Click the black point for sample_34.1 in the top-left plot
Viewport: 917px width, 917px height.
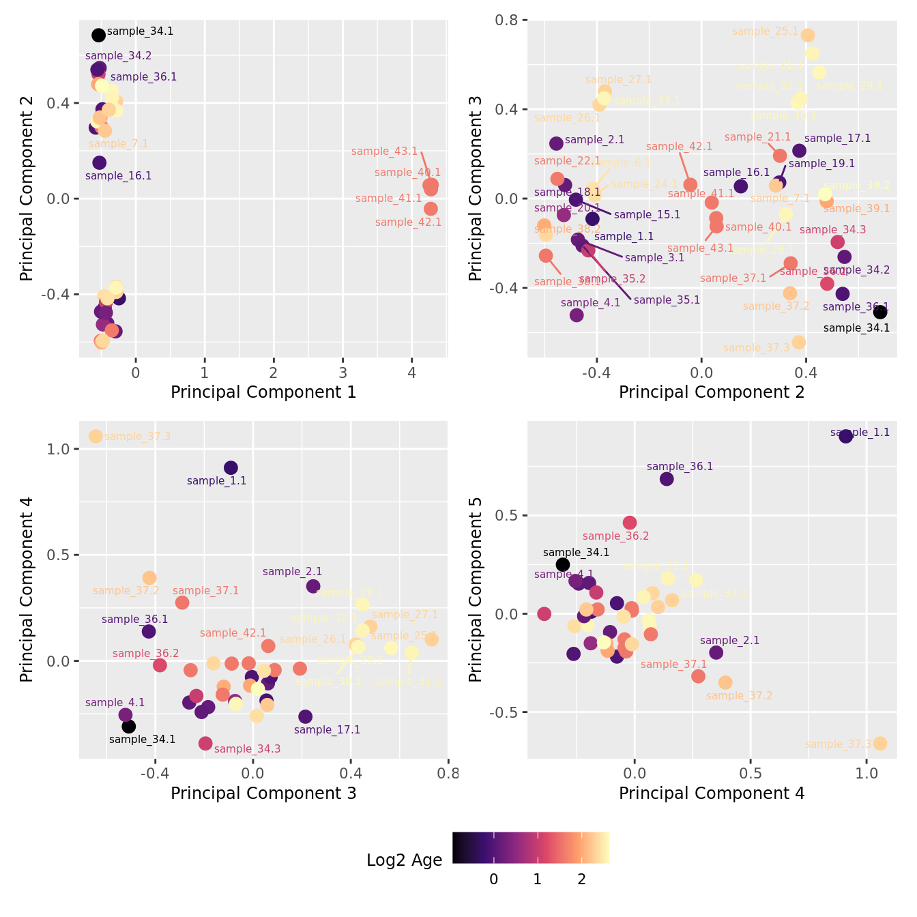click(98, 35)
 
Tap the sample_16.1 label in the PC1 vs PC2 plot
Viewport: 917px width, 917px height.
click(118, 176)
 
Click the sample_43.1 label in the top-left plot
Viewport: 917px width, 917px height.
click(384, 151)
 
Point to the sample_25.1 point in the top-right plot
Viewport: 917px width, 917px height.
click(808, 35)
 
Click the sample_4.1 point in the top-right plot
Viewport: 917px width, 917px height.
click(577, 315)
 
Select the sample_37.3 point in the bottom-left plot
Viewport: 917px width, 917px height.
click(96, 436)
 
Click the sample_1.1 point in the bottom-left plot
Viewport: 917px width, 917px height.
click(231, 467)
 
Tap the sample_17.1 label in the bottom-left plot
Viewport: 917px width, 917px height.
click(327, 730)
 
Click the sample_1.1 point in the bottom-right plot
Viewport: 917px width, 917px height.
click(845, 436)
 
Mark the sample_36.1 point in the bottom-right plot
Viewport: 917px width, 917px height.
click(667, 479)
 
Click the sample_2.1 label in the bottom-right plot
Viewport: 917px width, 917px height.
click(729, 641)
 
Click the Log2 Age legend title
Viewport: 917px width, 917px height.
click(404, 860)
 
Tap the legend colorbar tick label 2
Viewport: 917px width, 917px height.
click(581, 879)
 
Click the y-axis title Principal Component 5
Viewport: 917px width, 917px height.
click(476, 589)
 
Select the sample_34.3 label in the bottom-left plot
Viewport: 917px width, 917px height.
click(247, 749)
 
